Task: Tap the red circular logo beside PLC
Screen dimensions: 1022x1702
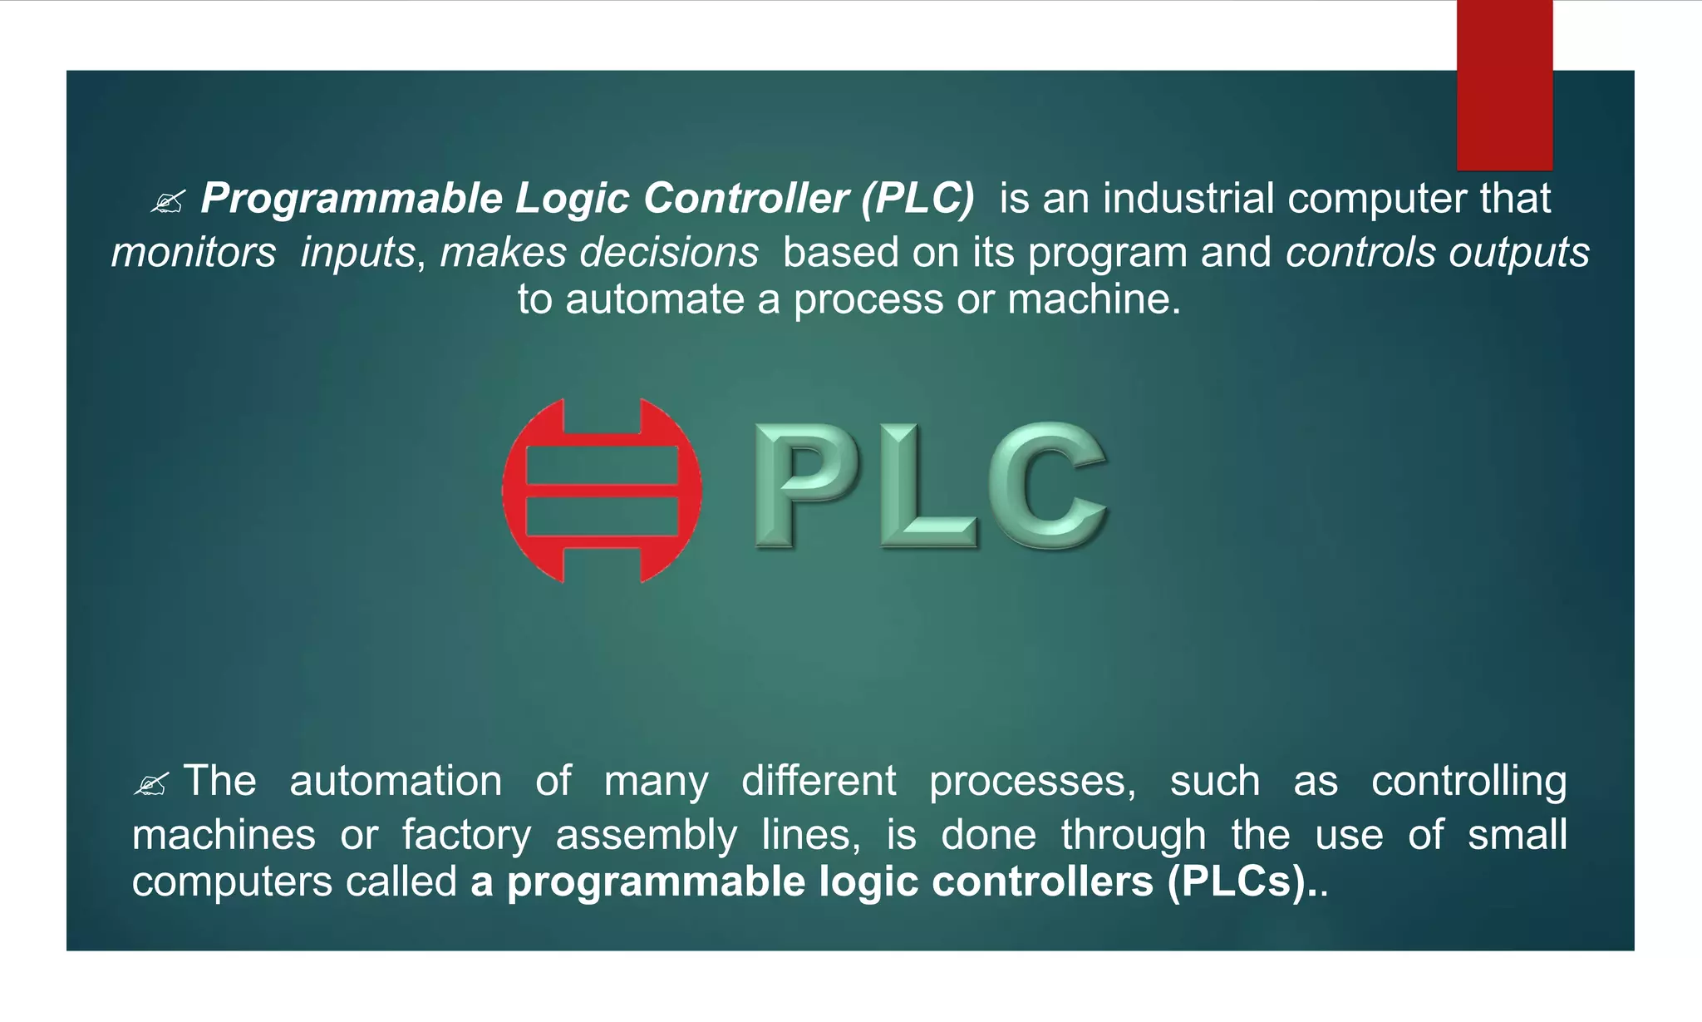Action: pyautogui.click(x=602, y=491)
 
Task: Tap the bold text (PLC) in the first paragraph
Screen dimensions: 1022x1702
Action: pyautogui.click(x=917, y=200)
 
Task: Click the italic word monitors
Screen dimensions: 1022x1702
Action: pyautogui.click(x=194, y=253)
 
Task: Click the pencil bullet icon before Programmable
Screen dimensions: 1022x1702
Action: pyautogui.click(x=167, y=202)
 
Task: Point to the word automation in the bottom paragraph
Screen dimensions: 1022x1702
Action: pyautogui.click(x=396, y=782)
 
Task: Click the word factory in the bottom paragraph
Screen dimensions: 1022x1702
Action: pyautogui.click(x=466, y=835)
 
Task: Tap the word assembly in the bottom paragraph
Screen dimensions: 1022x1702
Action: pyautogui.click(x=646, y=835)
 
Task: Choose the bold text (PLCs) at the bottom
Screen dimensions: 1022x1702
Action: pyautogui.click(x=1237, y=882)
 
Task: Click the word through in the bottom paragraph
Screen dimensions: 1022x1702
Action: pyautogui.click(x=1133, y=835)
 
